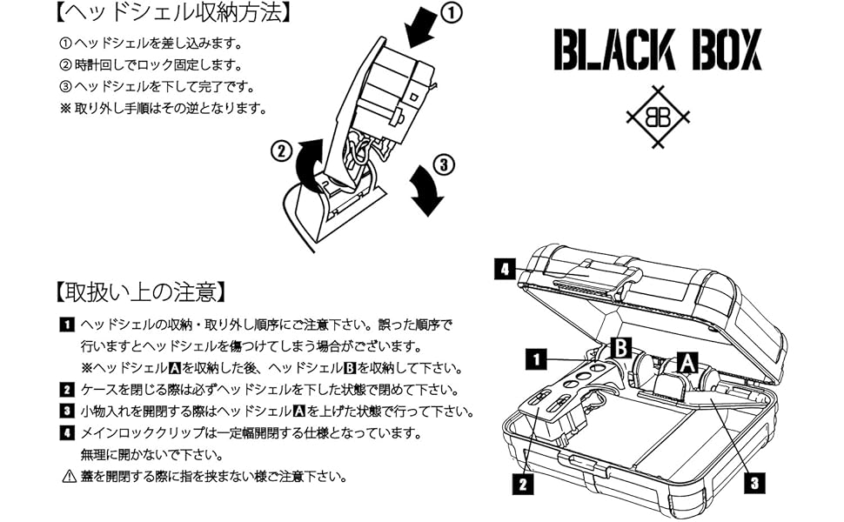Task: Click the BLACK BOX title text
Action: (x=657, y=50)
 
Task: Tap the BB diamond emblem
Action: (x=658, y=117)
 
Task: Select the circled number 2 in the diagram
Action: (x=280, y=150)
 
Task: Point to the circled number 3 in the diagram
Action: (x=444, y=162)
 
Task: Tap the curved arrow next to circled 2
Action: (x=310, y=165)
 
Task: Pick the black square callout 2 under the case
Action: (x=522, y=485)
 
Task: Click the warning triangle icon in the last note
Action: (x=69, y=476)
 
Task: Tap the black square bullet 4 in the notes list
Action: (x=67, y=432)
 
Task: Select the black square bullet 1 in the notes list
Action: (x=67, y=325)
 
